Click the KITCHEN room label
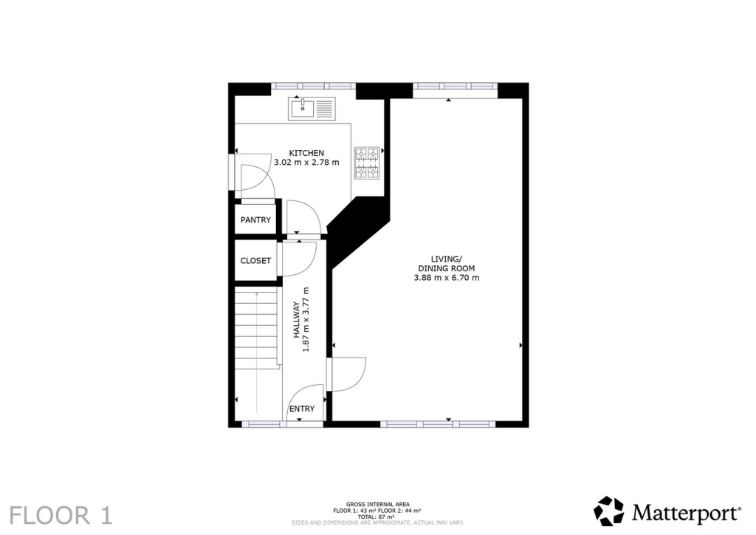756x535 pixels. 306,153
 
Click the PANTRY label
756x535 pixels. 255,220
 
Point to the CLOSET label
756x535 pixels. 255,261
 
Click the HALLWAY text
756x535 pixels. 295,320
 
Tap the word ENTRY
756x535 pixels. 302,409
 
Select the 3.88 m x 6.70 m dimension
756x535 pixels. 447,278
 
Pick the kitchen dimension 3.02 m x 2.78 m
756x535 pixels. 306,163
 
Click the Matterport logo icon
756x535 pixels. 608,511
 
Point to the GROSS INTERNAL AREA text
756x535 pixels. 377,505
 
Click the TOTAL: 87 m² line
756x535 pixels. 377,516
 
